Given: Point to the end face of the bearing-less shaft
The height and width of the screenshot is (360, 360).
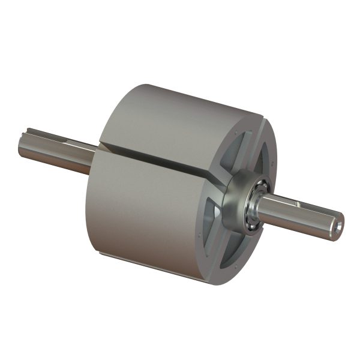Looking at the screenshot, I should (22, 146).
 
